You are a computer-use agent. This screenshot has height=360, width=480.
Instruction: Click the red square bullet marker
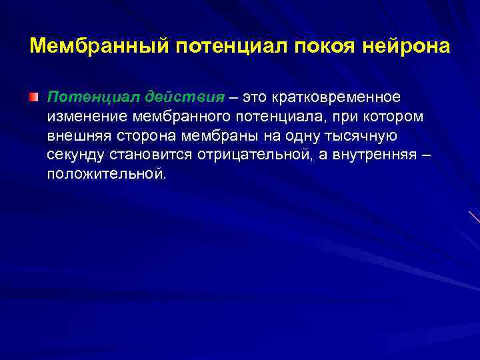coord(34,97)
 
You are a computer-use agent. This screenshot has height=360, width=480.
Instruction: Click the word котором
coord(383,117)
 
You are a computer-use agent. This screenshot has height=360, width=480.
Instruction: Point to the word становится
coord(142,155)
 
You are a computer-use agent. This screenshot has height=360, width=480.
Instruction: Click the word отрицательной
coord(247,155)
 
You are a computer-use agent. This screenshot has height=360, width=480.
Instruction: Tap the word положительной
coord(105,175)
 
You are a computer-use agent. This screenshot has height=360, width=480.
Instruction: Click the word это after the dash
coord(255,97)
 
